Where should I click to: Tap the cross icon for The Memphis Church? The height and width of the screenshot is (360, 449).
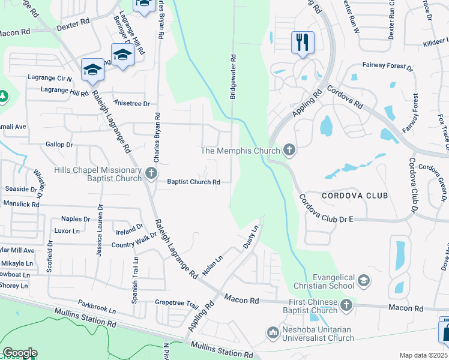tap(289, 150)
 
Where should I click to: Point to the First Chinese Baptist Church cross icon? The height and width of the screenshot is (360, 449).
tap(346, 306)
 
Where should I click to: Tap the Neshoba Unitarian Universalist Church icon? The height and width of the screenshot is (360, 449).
tap(273, 332)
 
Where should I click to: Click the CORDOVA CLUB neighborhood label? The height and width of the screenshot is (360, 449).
tap(354, 196)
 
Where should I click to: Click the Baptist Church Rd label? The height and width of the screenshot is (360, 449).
tap(193, 182)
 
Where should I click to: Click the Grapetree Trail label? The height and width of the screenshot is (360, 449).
tap(176, 303)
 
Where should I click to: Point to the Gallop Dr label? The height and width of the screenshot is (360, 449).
tap(59, 145)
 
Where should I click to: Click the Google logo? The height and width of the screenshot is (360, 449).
tap(20, 353)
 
